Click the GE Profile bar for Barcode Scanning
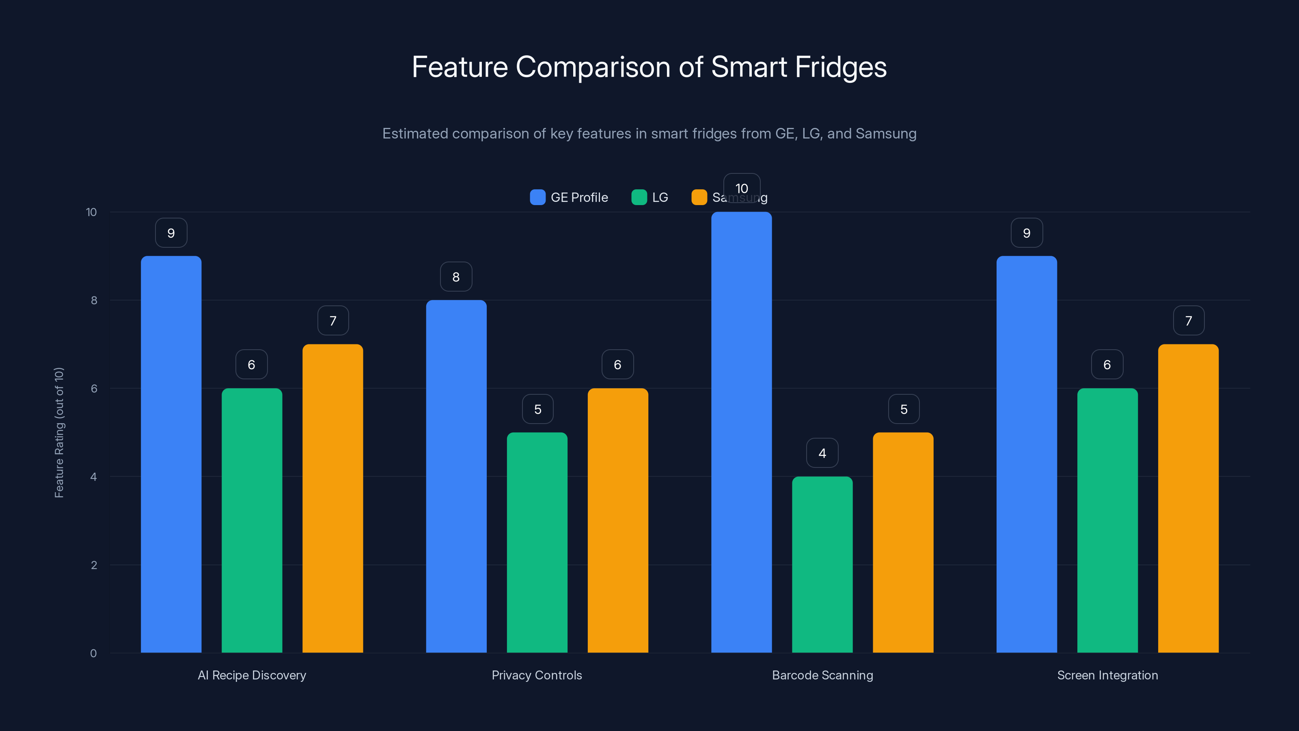coord(741,434)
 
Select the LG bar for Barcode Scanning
coord(822,565)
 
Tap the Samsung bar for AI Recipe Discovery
coord(332,500)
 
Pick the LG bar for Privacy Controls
coord(537,542)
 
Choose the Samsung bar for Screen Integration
coord(1188,500)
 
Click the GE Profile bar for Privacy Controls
coord(456,477)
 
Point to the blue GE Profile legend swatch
coord(537,197)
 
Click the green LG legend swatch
coord(639,197)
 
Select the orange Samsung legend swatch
coord(699,197)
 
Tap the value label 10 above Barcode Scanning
coord(741,188)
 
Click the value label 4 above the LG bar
coord(822,453)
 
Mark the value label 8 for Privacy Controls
coord(456,277)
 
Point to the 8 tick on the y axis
coord(94,300)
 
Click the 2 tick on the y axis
coord(94,565)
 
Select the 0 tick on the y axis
coord(93,653)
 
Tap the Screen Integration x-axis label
coord(1107,675)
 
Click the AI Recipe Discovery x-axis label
coord(252,675)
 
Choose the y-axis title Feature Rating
coord(59,433)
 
